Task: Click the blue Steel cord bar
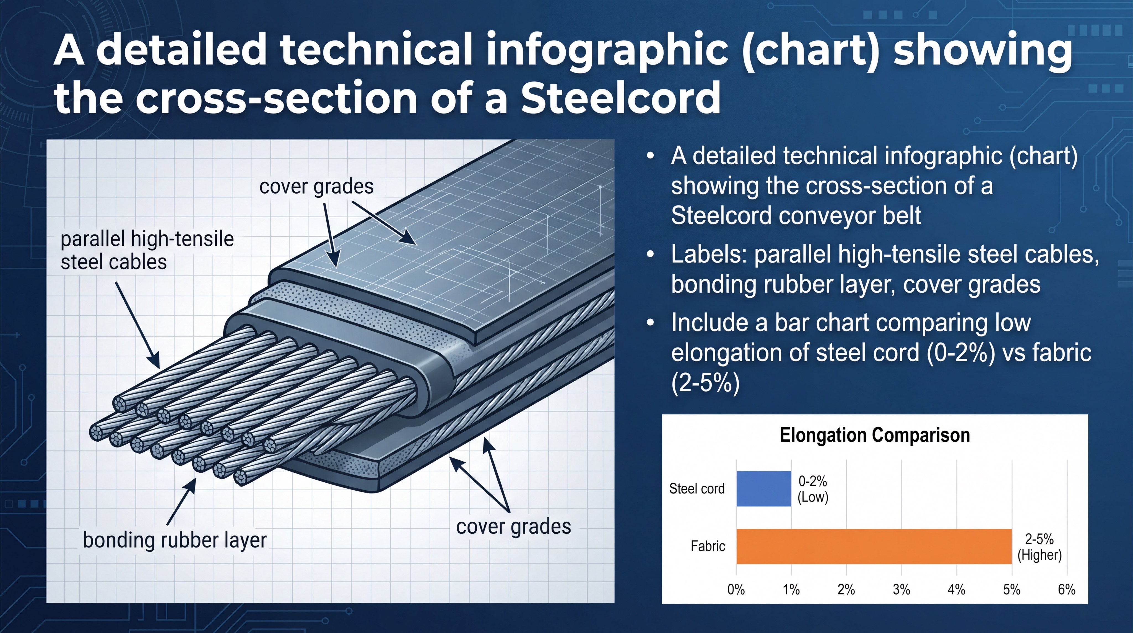click(763, 489)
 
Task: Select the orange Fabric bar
click(874, 546)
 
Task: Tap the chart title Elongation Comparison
click(875, 435)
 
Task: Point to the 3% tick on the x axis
click(901, 590)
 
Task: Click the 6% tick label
click(1067, 590)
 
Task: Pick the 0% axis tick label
click(736, 590)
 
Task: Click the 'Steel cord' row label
click(697, 489)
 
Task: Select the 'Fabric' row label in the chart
click(708, 546)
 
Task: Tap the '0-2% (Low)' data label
click(813, 489)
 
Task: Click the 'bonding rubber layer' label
click(175, 540)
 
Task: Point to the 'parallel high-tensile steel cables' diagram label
click(147, 251)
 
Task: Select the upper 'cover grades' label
click(316, 186)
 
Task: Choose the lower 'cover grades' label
click(514, 526)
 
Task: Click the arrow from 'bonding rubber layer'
click(182, 501)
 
